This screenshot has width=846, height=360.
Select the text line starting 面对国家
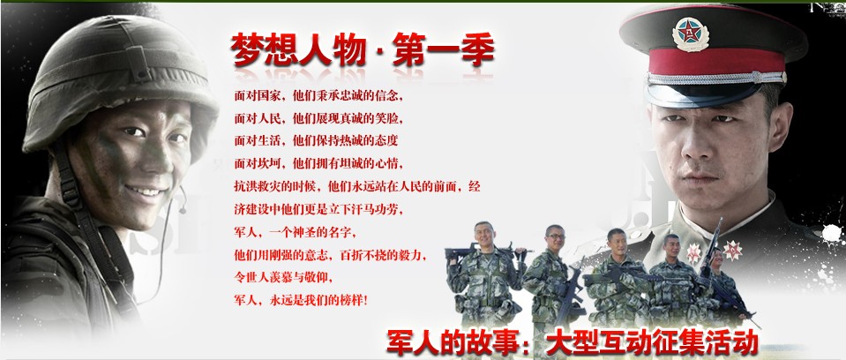pyautogui.click(x=318, y=94)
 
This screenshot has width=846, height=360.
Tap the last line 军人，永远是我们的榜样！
pyautogui.click(x=301, y=301)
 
